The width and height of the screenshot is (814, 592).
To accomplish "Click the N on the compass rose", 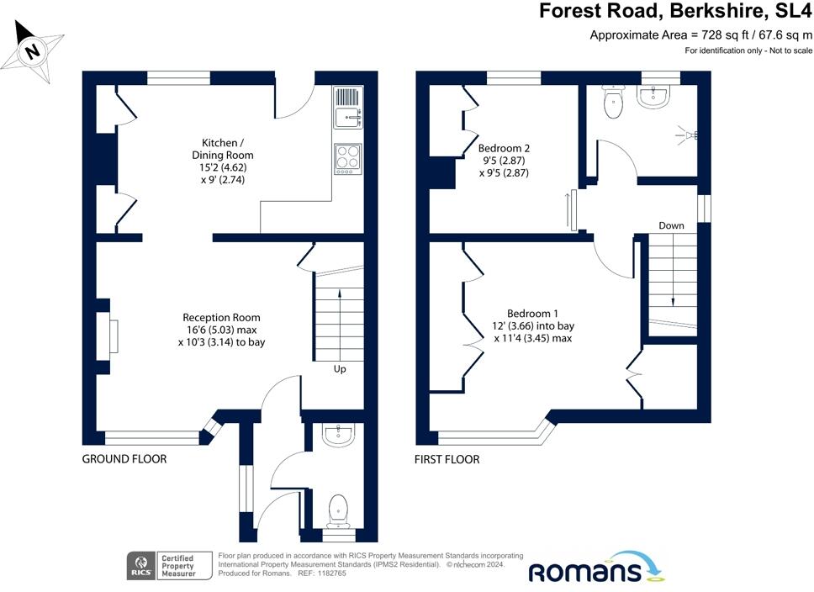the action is point(33,51).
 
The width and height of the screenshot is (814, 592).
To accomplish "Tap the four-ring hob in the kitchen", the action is point(348,159).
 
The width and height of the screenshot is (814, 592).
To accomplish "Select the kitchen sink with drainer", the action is point(348,108).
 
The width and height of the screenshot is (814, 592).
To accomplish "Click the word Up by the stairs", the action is point(340,369).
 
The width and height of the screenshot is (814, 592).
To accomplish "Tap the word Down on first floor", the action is point(671,225).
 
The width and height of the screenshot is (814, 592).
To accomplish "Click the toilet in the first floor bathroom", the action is point(613,103).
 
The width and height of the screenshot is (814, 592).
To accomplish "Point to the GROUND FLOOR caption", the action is point(124,459).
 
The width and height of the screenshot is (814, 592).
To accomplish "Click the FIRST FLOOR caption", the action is point(447,459).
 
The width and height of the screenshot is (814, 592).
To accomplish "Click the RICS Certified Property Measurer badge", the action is point(170,566).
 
